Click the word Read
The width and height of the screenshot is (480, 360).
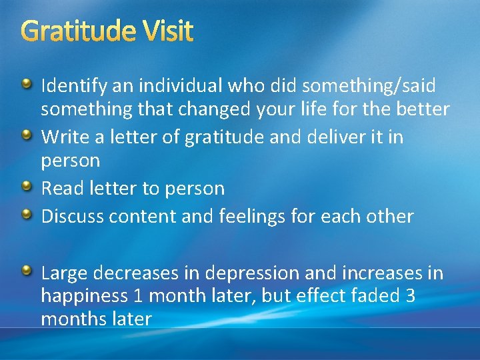(x=62, y=189)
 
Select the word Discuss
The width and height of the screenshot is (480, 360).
(x=72, y=217)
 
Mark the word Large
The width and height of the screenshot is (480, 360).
(x=65, y=273)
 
